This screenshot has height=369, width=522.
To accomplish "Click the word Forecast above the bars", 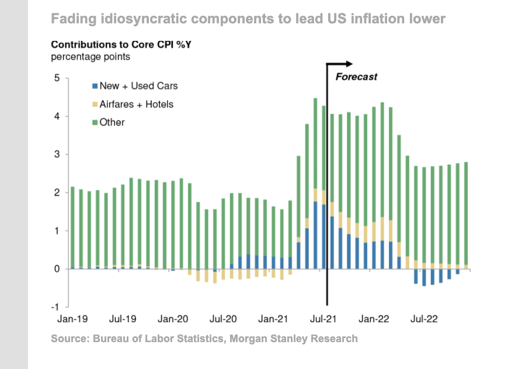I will (356, 76).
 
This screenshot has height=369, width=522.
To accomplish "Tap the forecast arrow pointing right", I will (348, 63).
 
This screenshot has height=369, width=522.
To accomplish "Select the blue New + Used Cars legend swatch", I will (95, 86).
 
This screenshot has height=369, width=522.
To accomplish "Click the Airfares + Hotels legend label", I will (137, 105).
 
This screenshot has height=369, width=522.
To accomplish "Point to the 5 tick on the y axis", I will (57, 78).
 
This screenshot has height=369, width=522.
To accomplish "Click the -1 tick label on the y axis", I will (55, 307).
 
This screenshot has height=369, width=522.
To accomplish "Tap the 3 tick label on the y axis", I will (57, 155).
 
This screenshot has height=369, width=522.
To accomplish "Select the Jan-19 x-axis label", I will (72, 319).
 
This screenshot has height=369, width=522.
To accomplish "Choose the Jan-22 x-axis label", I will (374, 319).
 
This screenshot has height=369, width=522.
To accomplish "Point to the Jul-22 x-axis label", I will (423, 319).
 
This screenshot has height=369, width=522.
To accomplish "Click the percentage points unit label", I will (91, 57).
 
